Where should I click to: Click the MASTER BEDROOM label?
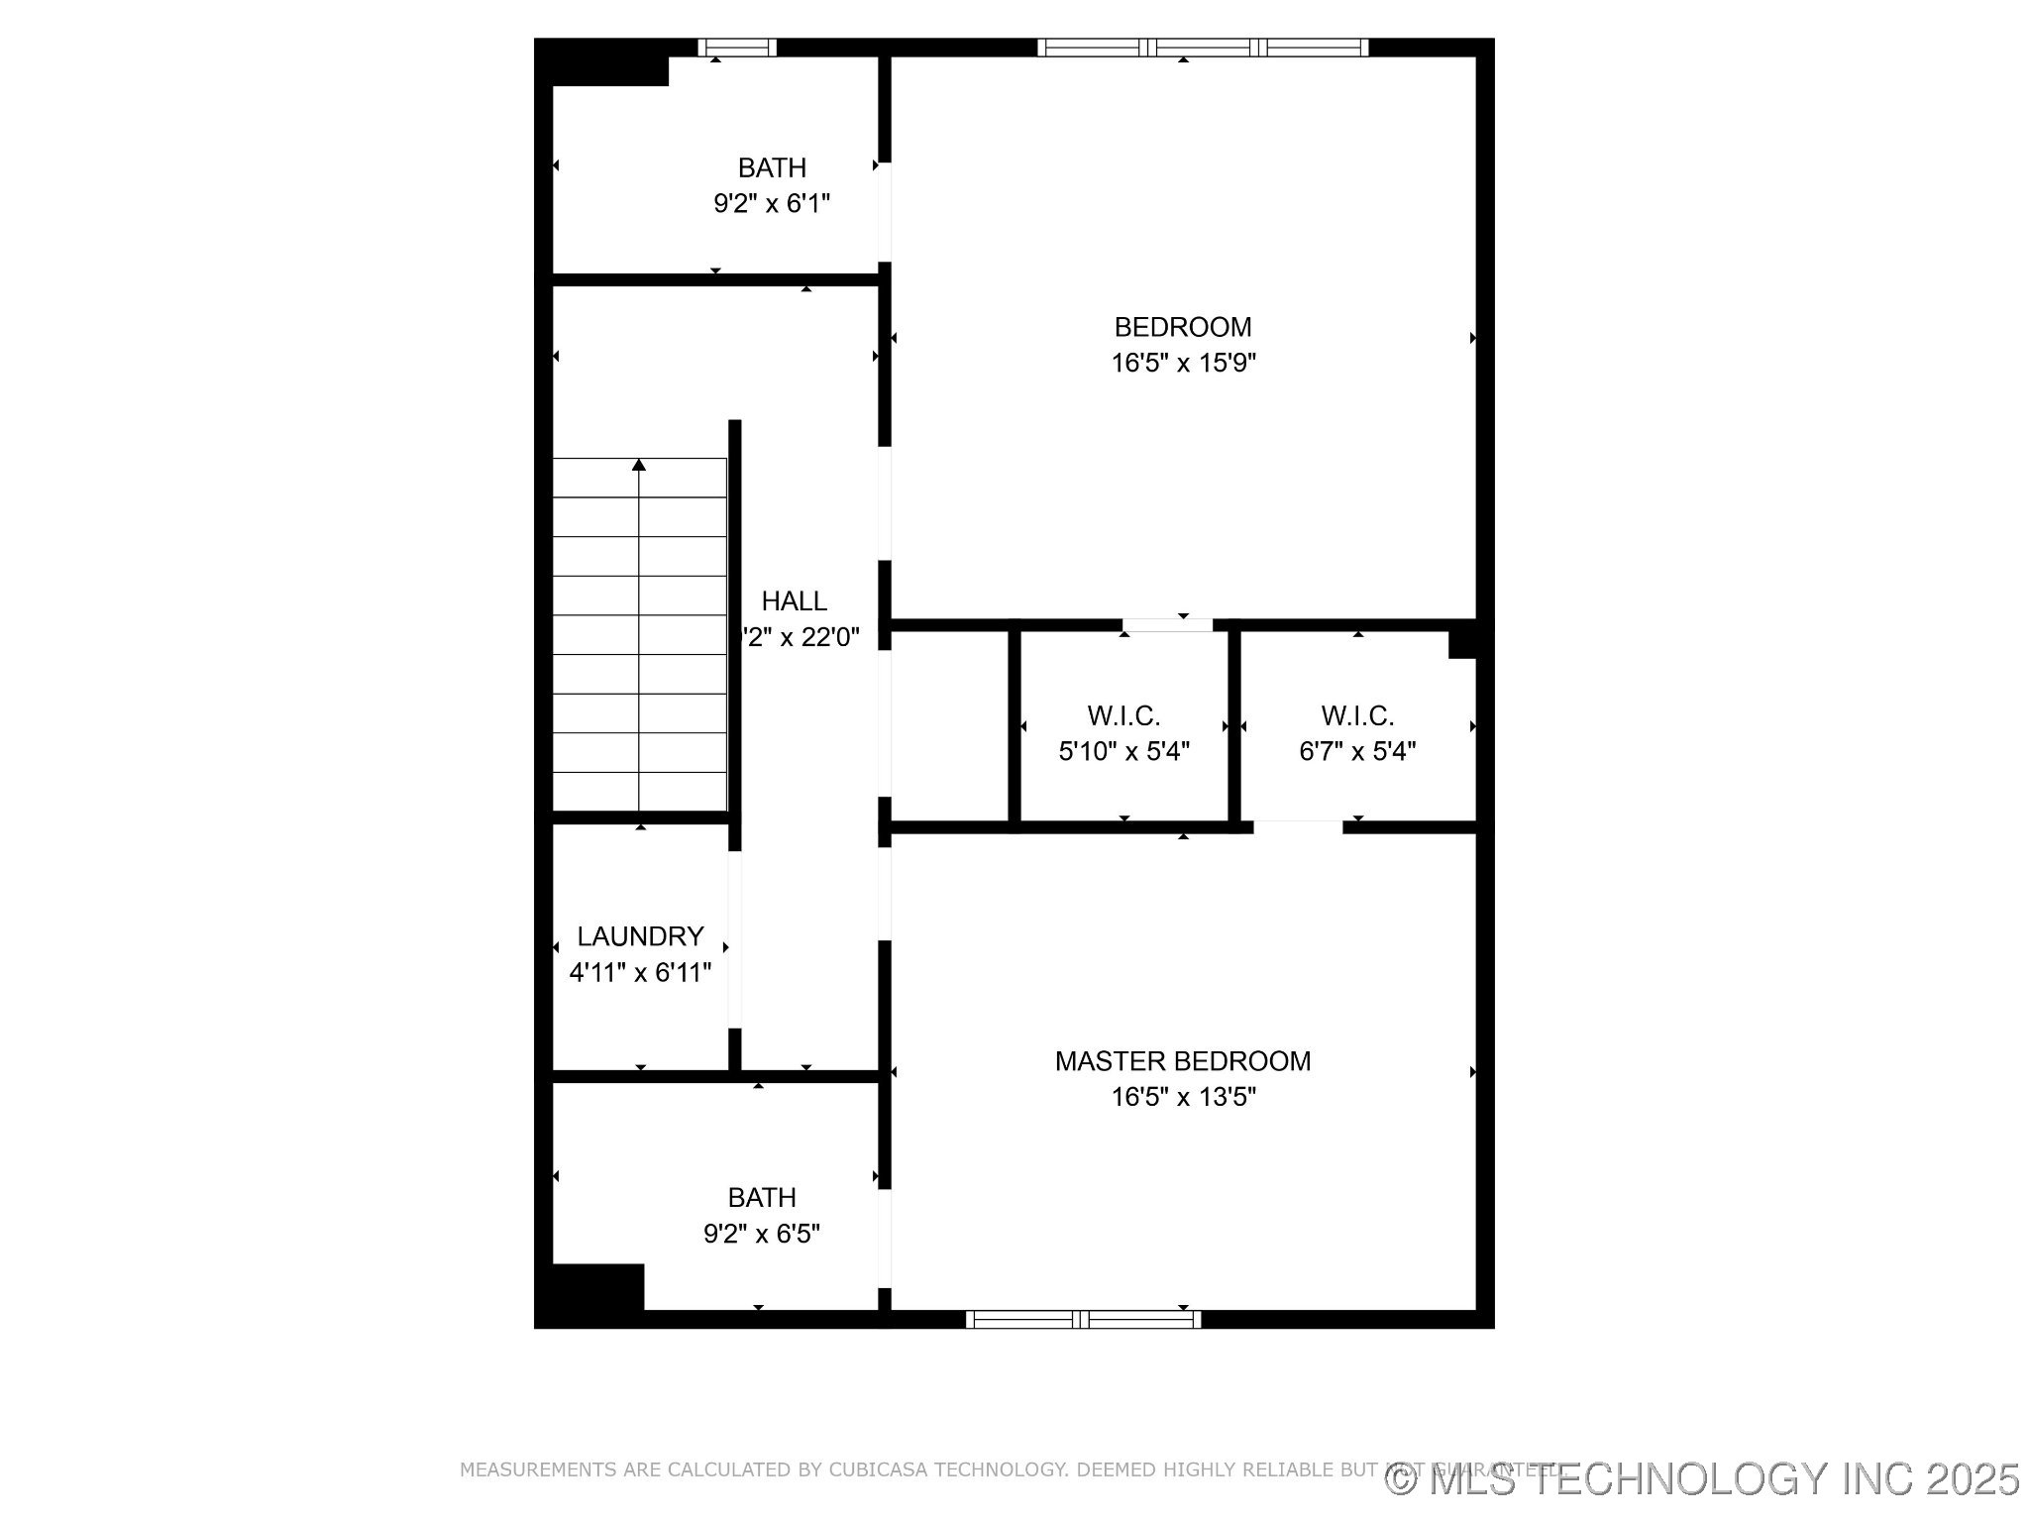click(x=1182, y=1061)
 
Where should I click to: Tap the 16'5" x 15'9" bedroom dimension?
click(x=1183, y=363)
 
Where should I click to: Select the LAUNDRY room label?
click(x=640, y=936)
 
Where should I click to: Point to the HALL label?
click(x=795, y=601)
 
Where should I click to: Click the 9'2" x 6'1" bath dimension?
click(x=772, y=204)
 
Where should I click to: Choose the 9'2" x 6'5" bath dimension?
click(x=762, y=1234)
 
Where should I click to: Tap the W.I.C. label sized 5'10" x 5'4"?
click(x=1123, y=715)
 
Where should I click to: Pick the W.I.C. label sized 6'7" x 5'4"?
click(x=1357, y=715)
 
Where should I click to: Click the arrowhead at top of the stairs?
click(x=639, y=465)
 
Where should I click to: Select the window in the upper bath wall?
click(x=737, y=48)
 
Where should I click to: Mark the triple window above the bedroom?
click(x=1203, y=48)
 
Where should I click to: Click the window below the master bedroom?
click(x=1083, y=1319)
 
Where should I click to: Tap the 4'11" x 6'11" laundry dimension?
click(x=640, y=972)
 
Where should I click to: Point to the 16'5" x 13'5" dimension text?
click(x=1183, y=1097)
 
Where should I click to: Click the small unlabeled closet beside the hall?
click(x=949, y=725)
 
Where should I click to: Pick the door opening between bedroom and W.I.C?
click(x=1167, y=625)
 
